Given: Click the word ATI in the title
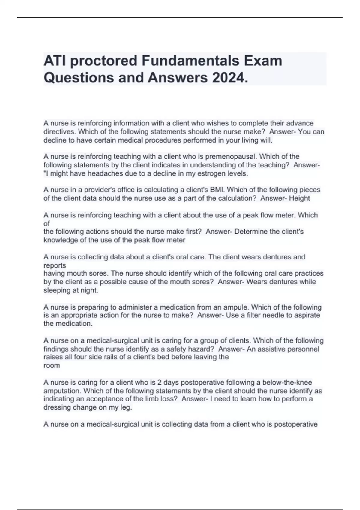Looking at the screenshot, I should click(54, 61).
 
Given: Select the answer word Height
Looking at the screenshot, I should click(300, 198).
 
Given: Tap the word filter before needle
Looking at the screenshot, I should click(254, 315).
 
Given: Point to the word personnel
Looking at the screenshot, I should click(303, 349).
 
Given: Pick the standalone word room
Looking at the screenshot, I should click(52, 366).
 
